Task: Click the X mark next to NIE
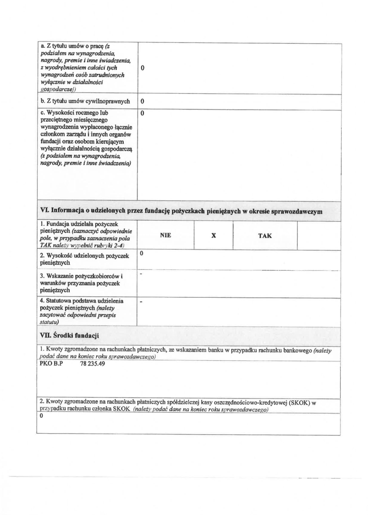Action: click(214, 236)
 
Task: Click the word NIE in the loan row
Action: click(165, 235)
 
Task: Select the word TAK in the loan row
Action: click(265, 236)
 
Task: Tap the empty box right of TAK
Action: click(318, 236)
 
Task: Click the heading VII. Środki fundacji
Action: click(69, 336)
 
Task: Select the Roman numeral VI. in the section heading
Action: click(44, 211)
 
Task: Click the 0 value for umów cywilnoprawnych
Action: click(142, 101)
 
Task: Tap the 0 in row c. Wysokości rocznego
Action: click(142, 113)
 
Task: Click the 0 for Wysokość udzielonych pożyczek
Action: click(142, 253)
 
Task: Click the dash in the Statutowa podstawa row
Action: click(141, 302)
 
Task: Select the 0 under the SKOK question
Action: click(41, 416)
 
